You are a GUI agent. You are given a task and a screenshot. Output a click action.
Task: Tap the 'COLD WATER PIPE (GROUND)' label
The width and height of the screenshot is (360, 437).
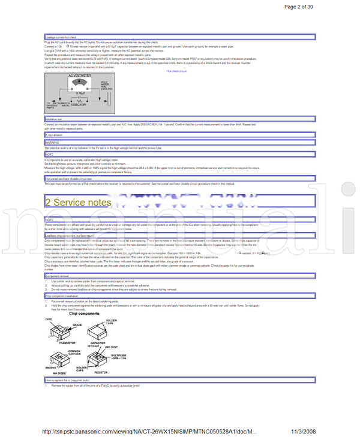(104, 85)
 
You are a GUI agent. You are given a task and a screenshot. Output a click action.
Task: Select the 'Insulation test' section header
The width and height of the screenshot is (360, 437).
(54, 119)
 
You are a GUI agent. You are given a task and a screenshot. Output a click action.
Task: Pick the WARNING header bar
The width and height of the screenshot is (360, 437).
(52, 142)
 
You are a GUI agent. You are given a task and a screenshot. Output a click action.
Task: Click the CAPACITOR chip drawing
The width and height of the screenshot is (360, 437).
(100, 331)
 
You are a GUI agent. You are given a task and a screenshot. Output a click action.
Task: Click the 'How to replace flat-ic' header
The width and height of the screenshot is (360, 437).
(67, 380)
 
